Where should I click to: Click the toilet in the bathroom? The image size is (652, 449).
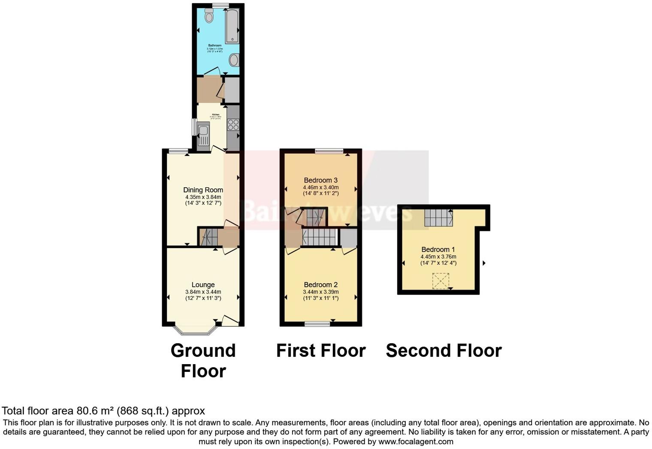[x=209, y=16]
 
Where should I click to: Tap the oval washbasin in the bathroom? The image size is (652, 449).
[x=234, y=60]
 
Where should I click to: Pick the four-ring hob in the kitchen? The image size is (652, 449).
[x=233, y=125]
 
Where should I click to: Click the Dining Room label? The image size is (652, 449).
[x=203, y=190]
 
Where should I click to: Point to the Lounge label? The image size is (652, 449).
[x=203, y=285]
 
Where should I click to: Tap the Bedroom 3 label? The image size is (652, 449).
[x=321, y=180]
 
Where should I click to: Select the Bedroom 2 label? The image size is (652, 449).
[x=321, y=285]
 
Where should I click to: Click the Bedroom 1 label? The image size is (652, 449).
[x=438, y=250]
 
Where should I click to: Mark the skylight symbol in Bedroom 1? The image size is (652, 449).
[x=441, y=281]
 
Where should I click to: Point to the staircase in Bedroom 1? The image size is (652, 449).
[x=438, y=218]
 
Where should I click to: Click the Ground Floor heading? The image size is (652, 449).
[x=203, y=360]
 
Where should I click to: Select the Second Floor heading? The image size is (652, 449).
[x=444, y=350]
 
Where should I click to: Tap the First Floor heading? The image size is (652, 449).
[x=321, y=350]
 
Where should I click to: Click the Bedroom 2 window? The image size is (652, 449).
[x=317, y=324]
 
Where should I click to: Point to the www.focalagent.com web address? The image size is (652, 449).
[x=415, y=441]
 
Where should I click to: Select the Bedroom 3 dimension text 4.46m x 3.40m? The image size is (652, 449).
[x=321, y=187]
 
